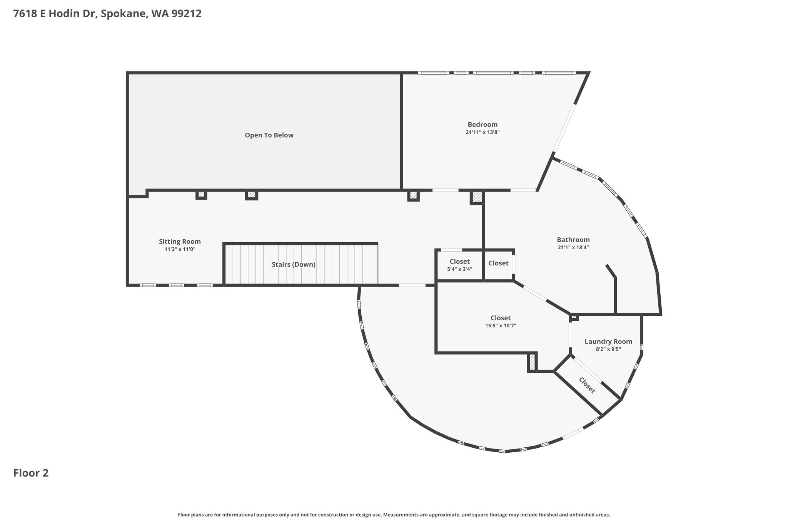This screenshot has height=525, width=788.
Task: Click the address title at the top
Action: coord(107,14)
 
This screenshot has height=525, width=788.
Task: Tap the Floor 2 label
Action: coord(31,473)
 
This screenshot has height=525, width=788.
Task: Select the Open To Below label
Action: coord(269,135)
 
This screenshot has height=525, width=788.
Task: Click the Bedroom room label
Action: coord(482,125)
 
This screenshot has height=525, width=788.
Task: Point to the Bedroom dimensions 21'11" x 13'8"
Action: coord(482,132)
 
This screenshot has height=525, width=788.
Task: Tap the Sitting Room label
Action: coord(180,242)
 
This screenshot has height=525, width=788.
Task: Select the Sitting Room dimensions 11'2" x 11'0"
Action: coord(180,249)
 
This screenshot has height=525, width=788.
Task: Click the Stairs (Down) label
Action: coord(294,265)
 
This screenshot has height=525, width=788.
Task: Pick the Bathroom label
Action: coord(573,240)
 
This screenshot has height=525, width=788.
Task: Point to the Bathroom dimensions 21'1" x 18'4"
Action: coord(573,248)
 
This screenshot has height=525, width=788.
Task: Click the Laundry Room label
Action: coord(608,342)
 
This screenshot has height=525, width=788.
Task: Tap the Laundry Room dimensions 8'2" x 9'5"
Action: coord(608,349)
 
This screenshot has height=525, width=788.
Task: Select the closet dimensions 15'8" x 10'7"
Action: coord(501,326)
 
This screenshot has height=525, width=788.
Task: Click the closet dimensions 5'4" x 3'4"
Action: coord(459,270)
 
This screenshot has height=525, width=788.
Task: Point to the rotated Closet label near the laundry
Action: coord(587,385)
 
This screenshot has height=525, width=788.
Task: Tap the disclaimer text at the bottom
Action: coord(394,515)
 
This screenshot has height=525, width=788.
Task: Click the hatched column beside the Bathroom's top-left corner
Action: coord(477,197)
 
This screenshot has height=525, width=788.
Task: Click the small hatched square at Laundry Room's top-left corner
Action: coord(574,317)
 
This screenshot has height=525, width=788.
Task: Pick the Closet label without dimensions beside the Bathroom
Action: coord(498,263)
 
